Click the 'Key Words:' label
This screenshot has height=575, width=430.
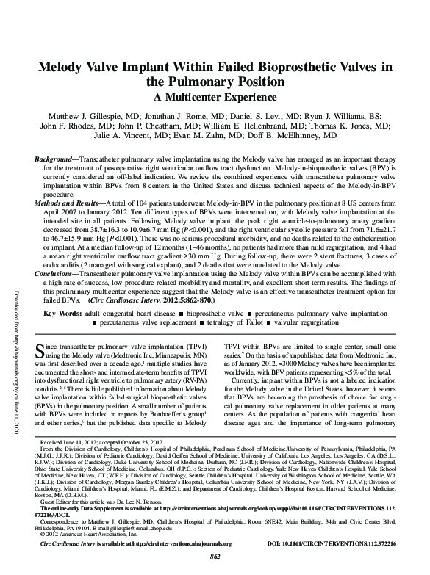coord(62,314)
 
